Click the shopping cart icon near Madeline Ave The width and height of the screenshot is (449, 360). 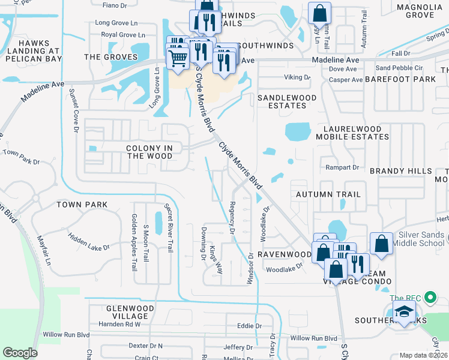178,59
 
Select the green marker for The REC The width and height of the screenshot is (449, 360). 429,298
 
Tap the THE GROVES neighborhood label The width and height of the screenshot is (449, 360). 110,58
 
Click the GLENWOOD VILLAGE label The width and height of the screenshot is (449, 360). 118,312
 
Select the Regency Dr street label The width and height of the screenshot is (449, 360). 231,218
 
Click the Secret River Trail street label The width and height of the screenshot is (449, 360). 169,227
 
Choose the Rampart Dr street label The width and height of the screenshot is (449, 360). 342,167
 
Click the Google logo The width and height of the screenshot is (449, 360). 20,353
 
